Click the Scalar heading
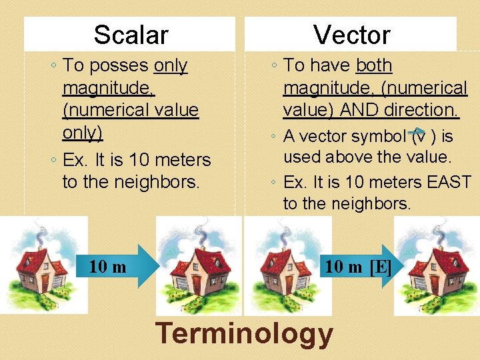point(131,35)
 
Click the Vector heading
point(351,35)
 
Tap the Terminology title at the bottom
point(244,333)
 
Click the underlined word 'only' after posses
point(171,65)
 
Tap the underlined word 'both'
point(375,65)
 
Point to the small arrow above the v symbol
point(416,130)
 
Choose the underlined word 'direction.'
point(425,109)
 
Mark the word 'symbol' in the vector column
point(374,137)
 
